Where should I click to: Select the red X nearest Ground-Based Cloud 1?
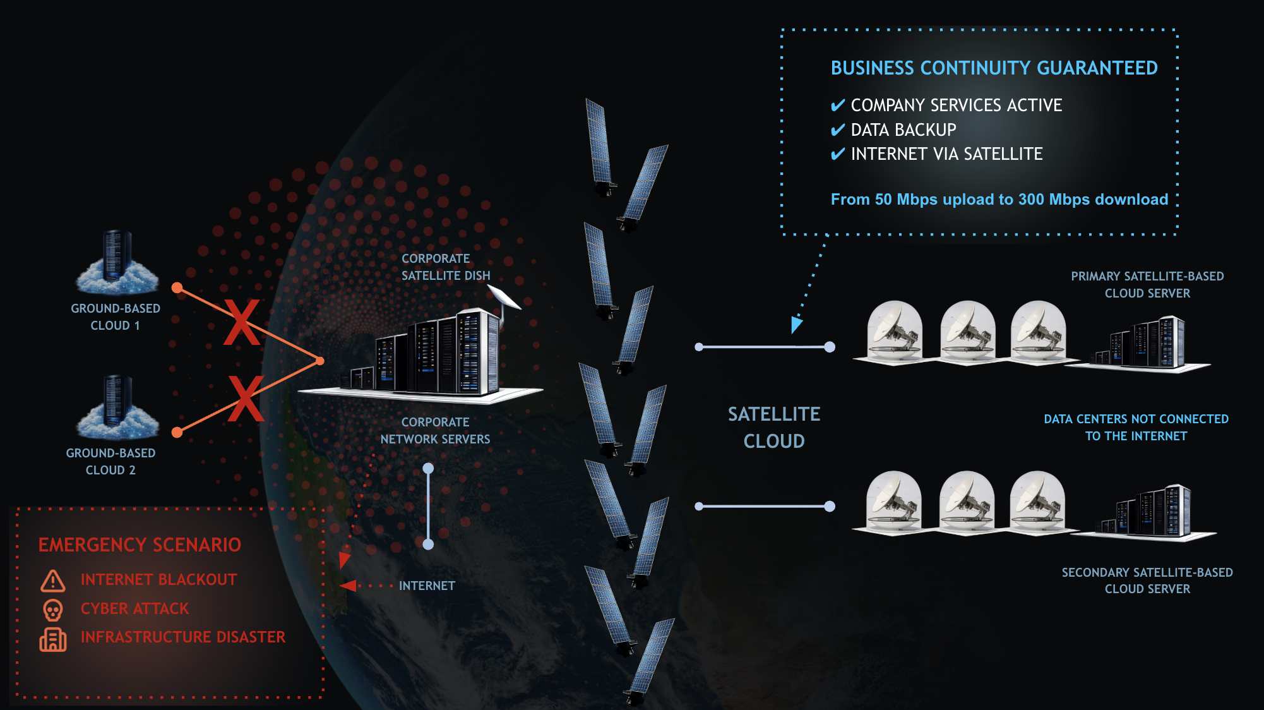(x=242, y=322)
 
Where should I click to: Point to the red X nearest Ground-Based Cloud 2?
(x=246, y=399)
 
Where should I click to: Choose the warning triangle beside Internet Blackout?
(x=53, y=581)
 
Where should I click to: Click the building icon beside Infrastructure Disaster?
(x=53, y=639)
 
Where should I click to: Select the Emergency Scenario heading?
(x=140, y=545)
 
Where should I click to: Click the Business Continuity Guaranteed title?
(x=994, y=68)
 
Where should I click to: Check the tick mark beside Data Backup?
(x=838, y=130)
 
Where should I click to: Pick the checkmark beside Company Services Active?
(x=838, y=105)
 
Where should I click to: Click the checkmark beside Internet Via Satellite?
(x=838, y=154)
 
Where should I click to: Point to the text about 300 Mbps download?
(x=999, y=200)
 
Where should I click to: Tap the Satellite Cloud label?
(x=774, y=428)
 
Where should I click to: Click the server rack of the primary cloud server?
(x=1142, y=344)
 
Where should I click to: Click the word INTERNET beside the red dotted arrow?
(x=427, y=586)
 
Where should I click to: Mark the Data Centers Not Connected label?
(x=1136, y=428)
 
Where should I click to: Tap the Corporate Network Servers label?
(x=435, y=431)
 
